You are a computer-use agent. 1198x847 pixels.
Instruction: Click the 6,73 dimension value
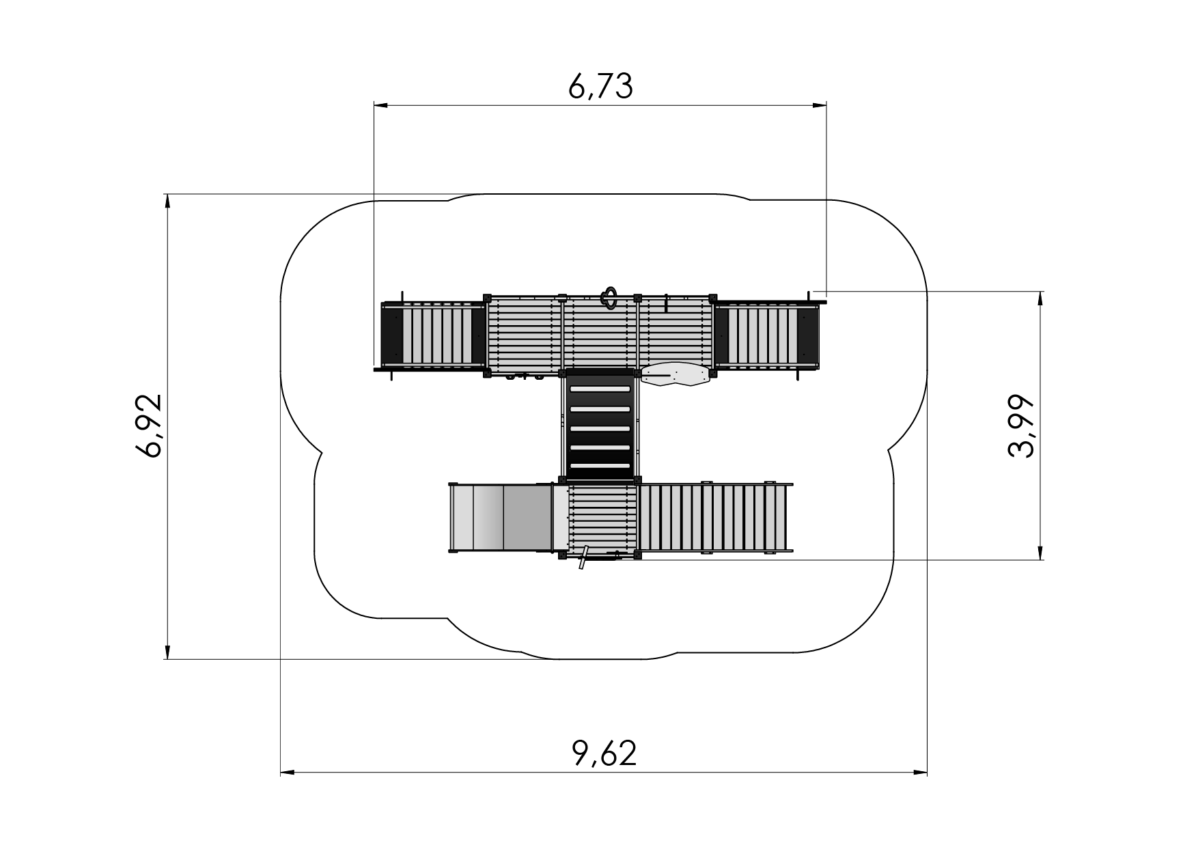[600, 87]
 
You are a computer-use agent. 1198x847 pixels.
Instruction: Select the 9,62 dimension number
[604, 753]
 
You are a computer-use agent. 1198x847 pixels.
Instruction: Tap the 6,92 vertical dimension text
[149, 426]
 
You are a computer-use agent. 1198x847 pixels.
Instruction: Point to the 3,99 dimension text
[1022, 426]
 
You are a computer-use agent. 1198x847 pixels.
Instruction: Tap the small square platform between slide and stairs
[602, 518]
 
